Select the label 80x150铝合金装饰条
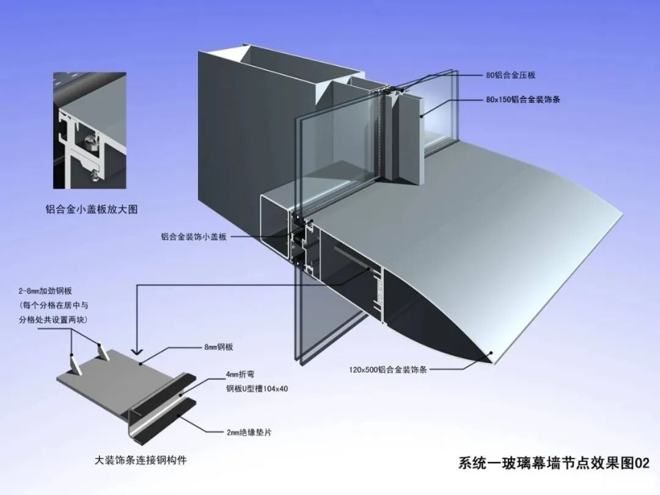[x=523, y=98]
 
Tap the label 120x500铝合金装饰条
[x=387, y=369]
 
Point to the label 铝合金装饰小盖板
[x=194, y=237]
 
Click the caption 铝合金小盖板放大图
[x=92, y=209]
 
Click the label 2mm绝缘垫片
[x=248, y=432]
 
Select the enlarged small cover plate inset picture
[x=89, y=131]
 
